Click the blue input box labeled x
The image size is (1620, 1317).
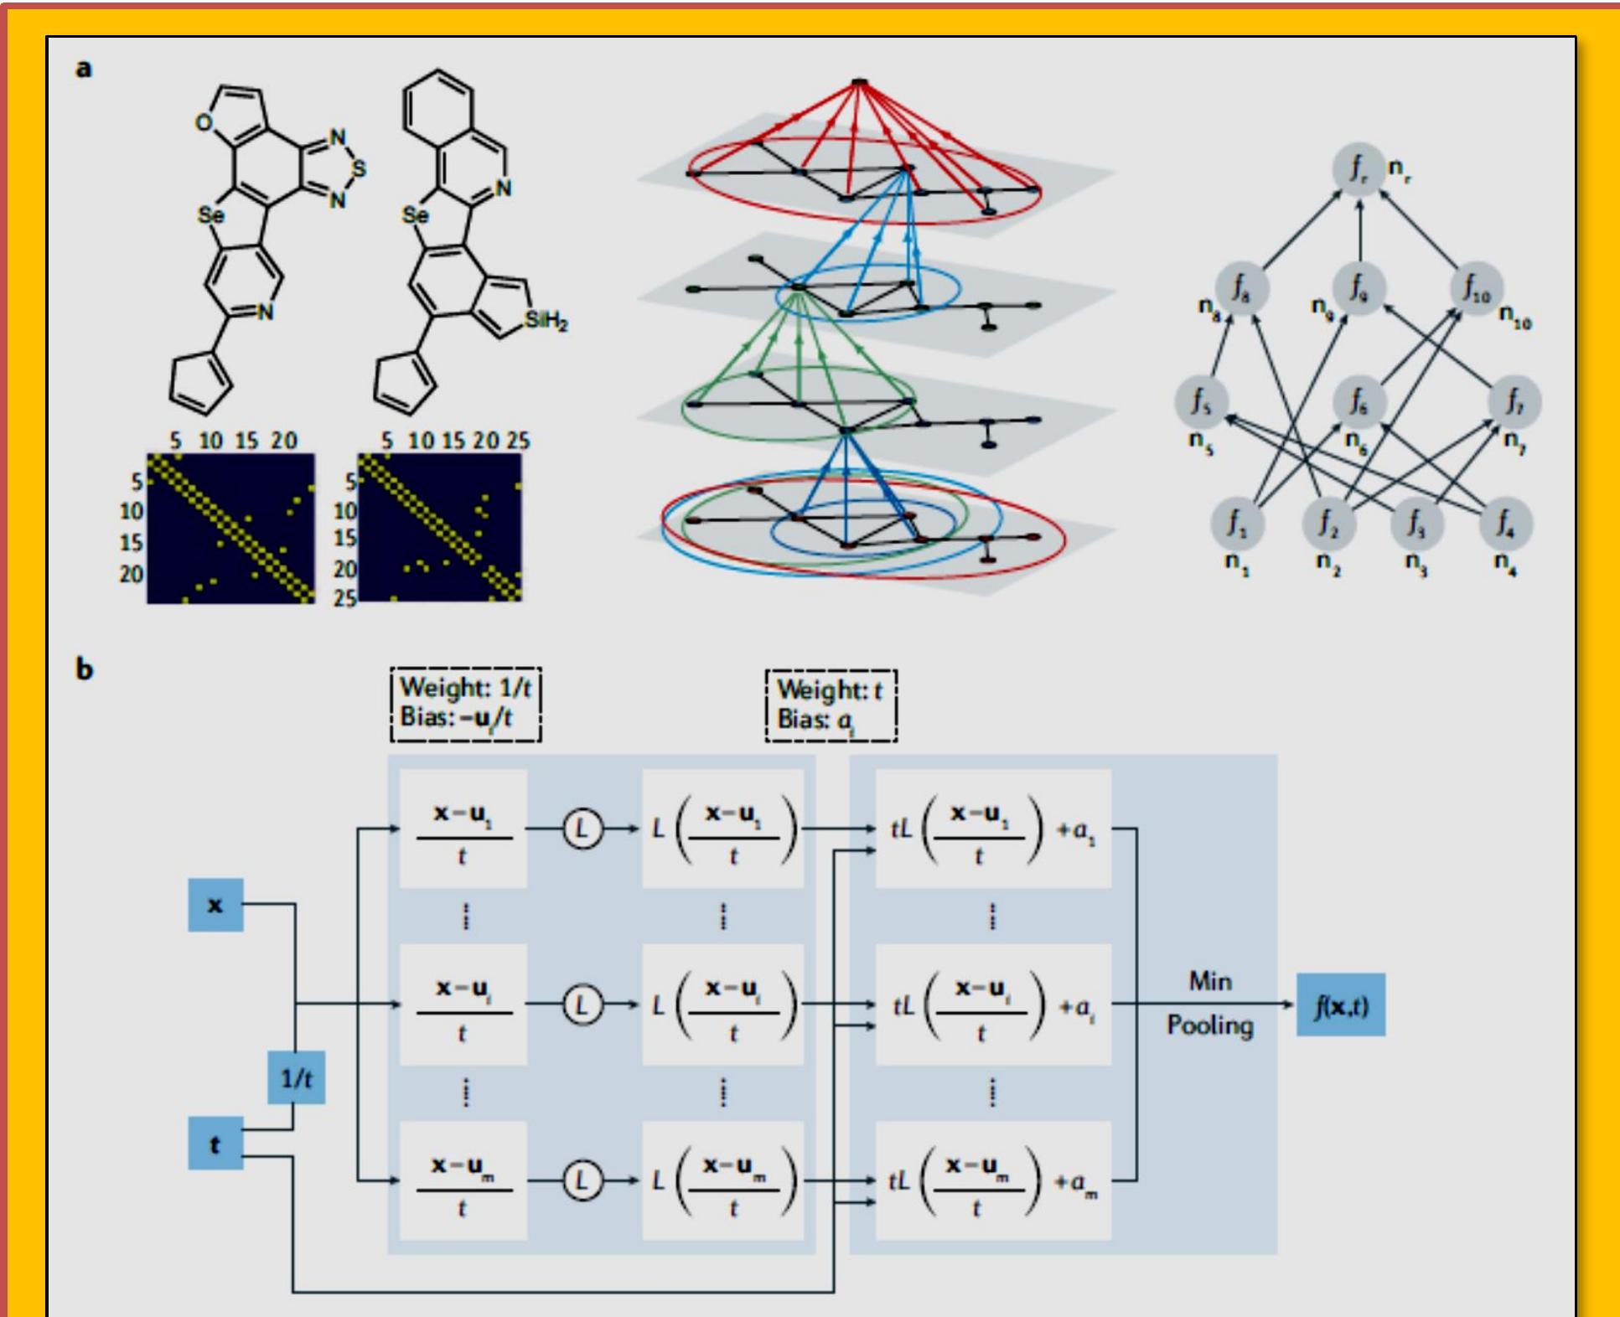(x=215, y=905)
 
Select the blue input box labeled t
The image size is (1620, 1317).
(x=215, y=1144)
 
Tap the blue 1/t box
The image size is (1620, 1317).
(x=296, y=1078)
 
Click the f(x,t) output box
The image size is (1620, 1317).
(x=1340, y=1005)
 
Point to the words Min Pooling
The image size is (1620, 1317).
(x=1210, y=1003)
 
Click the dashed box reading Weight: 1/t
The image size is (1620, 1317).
(x=465, y=704)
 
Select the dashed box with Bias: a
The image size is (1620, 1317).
(x=831, y=705)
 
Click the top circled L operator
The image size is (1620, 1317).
(x=582, y=829)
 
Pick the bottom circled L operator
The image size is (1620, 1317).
(x=582, y=1180)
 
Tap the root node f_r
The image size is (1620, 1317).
(x=1358, y=168)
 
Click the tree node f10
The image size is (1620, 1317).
(x=1476, y=287)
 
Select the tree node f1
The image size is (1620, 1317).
(x=1237, y=523)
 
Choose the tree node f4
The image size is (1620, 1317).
(x=1505, y=523)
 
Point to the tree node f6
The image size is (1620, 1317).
(x=1358, y=401)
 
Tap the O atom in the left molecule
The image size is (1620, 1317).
(x=204, y=123)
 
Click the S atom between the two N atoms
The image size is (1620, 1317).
(x=359, y=168)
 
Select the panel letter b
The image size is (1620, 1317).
(x=84, y=669)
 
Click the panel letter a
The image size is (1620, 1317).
(x=84, y=68)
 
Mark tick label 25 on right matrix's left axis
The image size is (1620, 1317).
(x=344, y=597)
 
